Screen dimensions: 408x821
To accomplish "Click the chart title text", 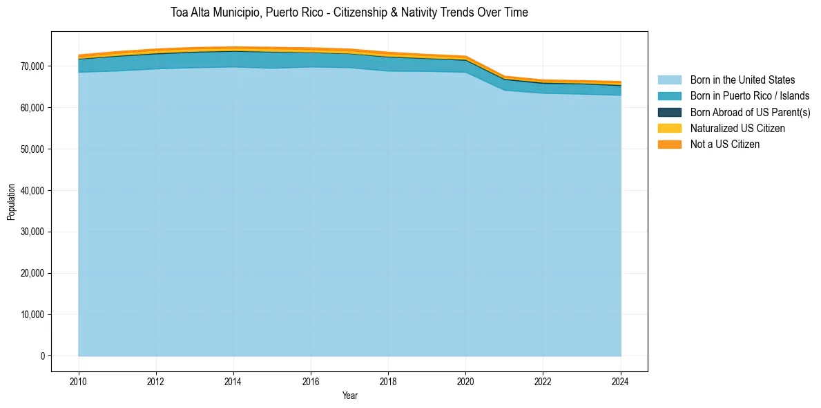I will (x=349, y=12).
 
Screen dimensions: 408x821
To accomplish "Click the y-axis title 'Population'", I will (x=11, y=202).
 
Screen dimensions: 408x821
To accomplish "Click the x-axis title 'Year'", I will (x=350, y=396).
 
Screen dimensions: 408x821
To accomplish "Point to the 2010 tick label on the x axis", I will (x=79, y=381).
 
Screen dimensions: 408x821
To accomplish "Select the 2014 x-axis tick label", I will (x=233, y=381).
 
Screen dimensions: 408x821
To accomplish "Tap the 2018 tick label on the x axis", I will (x=389, y=381).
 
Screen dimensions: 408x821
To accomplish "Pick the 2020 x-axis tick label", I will (x=466, y=381).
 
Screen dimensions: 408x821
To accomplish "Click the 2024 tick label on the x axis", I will (x=621, y=381).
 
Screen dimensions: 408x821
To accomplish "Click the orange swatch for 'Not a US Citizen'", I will (x=669, y=144).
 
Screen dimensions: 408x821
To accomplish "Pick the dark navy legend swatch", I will (x=669, y=112).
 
